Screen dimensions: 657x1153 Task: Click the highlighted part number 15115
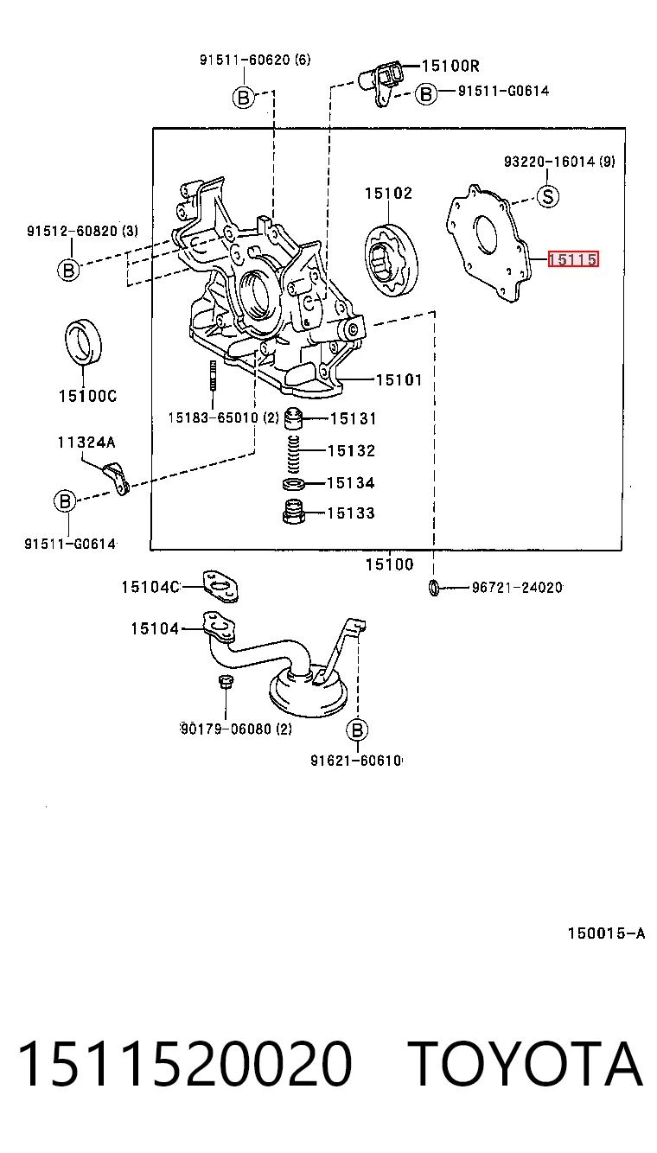pyautogui.click(x=573, y=259)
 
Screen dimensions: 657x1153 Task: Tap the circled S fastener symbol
pyautogui.click(x=547, y=196)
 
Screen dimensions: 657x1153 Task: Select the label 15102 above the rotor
pyautogui.click(x=389, y=194)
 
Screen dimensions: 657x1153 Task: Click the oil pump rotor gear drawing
pyautogui.click(x=391, y=260)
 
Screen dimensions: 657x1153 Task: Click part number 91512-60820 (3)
pyautogui.click(x=82, y=231)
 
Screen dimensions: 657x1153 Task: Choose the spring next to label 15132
pyautogui.click(x=292, y=454)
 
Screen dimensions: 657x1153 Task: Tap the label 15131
pyautogui.click(x=353, y=419)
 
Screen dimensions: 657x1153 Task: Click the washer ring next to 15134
pyautogui.click(x=293, y=484)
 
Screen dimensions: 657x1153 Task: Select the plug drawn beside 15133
pyautogui.click(x=293, y=511)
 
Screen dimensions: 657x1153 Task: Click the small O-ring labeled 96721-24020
pyautogui.click(x=434, y=588)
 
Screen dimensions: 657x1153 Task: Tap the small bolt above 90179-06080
pyautogui.click(x=226, y=681)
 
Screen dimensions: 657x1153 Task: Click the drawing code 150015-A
pyautogui.click(x=606, y=933)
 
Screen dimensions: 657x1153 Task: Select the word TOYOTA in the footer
pyautogui.click(x=526, y=1063)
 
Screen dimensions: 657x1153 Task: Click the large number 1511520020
pyautogui.click(x=185, y=1063)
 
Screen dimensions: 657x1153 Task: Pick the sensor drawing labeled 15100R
pyautogui.click(x=380, y=82)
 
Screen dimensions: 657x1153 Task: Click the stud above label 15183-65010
pyautogui.click(x=212, y=375)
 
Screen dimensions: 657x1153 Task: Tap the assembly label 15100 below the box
pyautogui.click(x=389, y=564)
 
